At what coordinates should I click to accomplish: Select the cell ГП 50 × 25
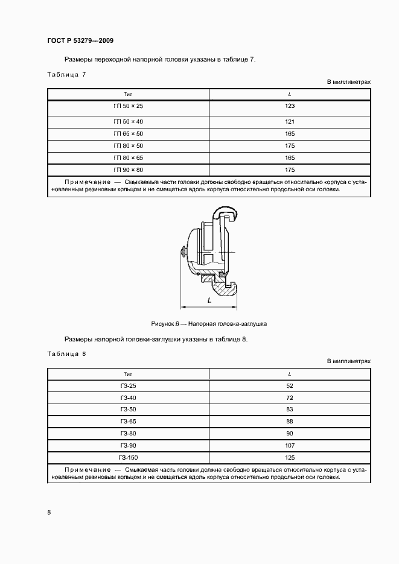[128, 106]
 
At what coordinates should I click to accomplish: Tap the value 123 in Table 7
[290, 106]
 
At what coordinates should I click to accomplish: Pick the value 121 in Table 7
[290, 121]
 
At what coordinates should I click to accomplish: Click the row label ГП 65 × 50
[128, 133]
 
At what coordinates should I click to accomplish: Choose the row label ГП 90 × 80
[128, 170]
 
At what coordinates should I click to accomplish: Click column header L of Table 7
[290, 94]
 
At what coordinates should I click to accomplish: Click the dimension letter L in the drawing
[208, 299]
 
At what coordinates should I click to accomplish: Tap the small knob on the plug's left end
[182, 250]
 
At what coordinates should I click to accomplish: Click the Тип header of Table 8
[128, 374]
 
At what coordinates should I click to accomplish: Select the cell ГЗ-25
[128, 385]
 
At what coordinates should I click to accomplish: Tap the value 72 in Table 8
[290, 398]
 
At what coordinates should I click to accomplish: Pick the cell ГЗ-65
[128, 422]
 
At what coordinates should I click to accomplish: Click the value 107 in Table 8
[290, 446]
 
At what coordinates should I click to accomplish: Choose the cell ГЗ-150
[128, 458]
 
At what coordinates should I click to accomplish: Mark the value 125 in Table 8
[290, 458]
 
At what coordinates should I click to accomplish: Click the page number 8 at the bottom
[49, 512]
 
